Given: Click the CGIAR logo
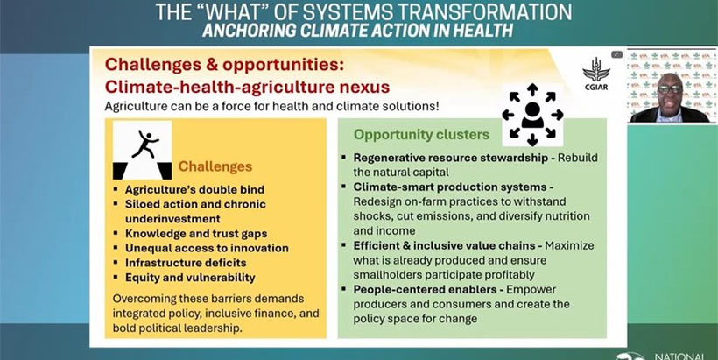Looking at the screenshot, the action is [x=595, y=74].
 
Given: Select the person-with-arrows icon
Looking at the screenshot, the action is [x=532, y=115].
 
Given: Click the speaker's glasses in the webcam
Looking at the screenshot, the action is [x=669, y=89].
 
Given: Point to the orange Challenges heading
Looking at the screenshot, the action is [x=215, y=166].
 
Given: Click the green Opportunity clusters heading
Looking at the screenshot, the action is [x=422, y=135].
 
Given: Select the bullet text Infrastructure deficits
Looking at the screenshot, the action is [x=186, y=263].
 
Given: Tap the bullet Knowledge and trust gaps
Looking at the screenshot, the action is [x=196, y=234].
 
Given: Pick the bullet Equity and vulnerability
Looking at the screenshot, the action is [x=190, y=278].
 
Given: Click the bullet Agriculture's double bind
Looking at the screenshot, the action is [x=194, y=189].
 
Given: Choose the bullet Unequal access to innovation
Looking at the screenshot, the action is [x=207, y=248].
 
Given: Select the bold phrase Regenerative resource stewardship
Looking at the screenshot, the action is [x=451, y=158].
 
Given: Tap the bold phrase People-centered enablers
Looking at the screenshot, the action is [x=425, y=290].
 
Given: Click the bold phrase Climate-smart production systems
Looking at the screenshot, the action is [x=450, y=187].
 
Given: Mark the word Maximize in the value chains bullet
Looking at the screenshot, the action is [x=569, y=246].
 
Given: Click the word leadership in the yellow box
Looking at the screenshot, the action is [x=217, y=328].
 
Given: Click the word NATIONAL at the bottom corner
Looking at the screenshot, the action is [x=679, y=356].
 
